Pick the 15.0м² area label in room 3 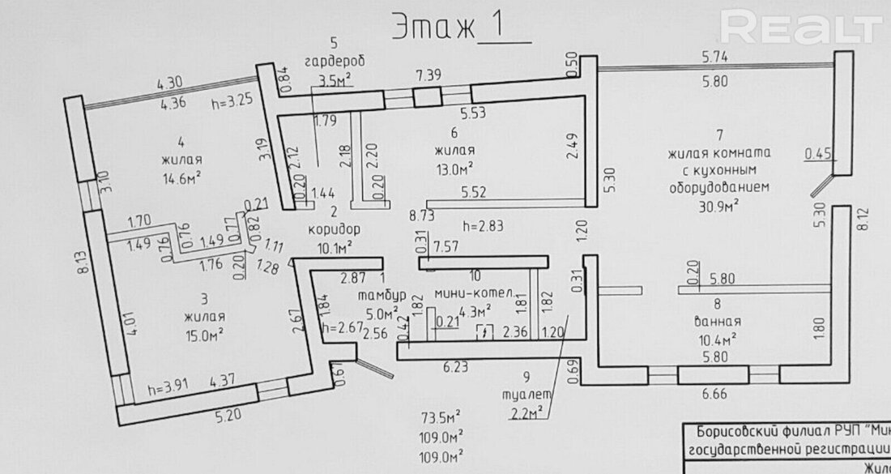[x=202, y=333]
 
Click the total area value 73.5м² [x=441, y=418]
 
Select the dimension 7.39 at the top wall [x=429, y=75]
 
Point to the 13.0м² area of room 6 [x=454, y=169]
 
